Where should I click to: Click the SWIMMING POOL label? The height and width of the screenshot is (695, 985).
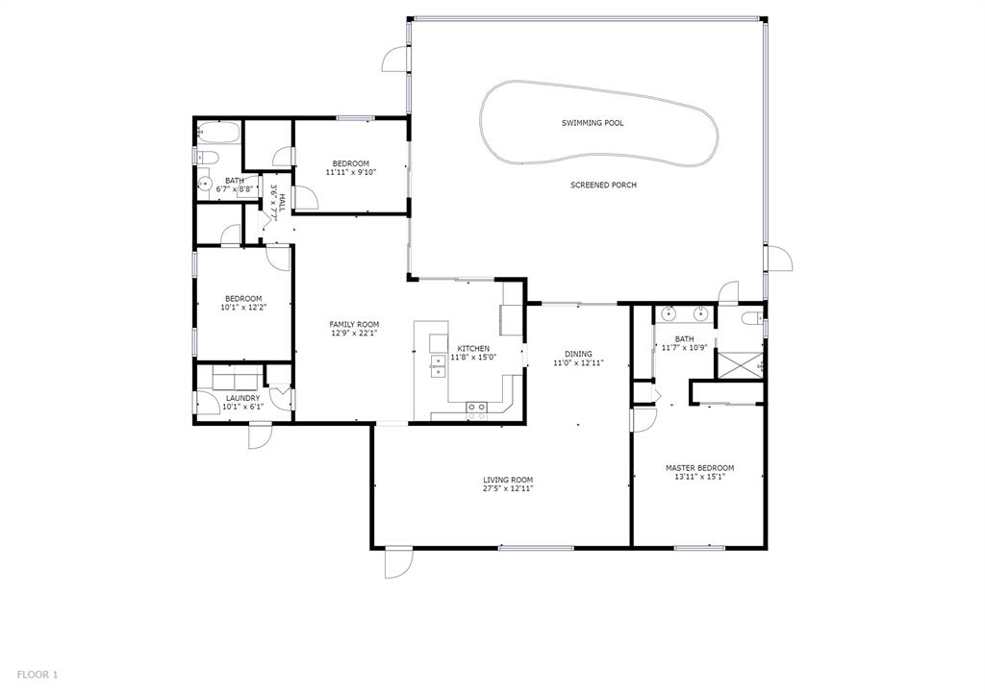coord(593,123)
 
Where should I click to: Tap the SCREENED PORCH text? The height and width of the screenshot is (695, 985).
coord(603,185)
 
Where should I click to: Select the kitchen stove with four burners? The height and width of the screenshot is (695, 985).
coord(475,408)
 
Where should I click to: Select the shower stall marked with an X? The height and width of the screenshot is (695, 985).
coord(744,361)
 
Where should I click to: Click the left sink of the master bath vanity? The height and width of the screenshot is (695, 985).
coord(669,313)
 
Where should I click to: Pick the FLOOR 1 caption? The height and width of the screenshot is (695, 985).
coord(38,675)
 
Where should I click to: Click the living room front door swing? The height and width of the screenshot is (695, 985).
coord(398,563)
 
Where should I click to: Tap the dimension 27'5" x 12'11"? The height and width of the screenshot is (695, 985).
coord(508,488)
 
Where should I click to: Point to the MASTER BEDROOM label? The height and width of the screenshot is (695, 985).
coord(699,468)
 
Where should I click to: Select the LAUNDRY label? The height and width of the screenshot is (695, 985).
coord(242,398)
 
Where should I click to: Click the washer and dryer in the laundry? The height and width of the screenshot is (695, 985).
coord(236,378)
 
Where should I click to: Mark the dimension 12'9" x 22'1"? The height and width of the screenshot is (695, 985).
coord(354,334)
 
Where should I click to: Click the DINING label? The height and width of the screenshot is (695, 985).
coord(578,354)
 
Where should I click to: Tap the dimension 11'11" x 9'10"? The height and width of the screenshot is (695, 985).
coord(350,172)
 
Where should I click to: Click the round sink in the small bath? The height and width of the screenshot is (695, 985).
coord(204,184)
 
